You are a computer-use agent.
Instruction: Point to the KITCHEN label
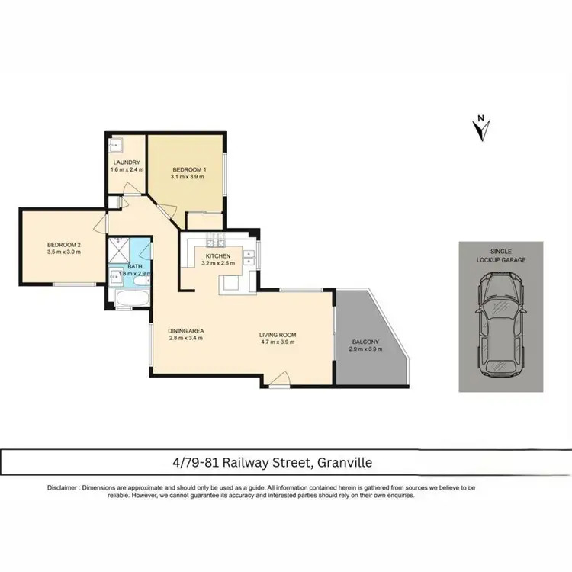(217, 256)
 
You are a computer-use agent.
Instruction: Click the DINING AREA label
(185, 330)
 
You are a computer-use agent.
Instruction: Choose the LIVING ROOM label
(277, 335)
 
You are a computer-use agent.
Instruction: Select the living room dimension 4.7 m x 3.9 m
(277, 342)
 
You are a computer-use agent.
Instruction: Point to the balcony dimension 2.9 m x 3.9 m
(366, 349)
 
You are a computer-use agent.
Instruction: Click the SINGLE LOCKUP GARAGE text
(501, 255)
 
